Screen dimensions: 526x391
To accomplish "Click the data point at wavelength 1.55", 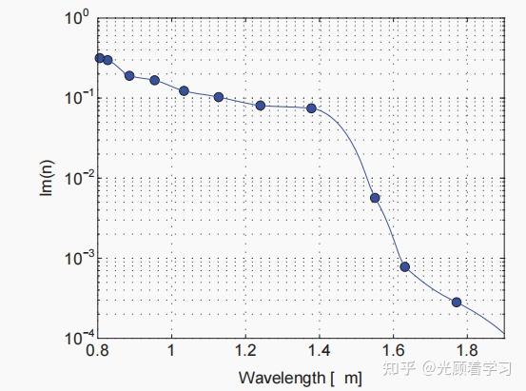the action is (x=375, y=198).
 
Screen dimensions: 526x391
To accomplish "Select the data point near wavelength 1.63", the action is (x=405, y=266).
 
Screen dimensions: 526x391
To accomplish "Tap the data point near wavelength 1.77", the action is (x=457, y=303).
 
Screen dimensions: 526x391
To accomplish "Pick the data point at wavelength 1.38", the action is (x=311, y=108).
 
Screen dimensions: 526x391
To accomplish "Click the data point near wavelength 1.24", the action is (x=261, y=106).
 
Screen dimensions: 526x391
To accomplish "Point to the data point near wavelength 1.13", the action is (x=219, y=97).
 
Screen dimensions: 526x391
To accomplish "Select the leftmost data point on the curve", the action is (x=100, y=58).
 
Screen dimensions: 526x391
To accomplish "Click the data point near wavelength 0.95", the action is (x=155, y=80).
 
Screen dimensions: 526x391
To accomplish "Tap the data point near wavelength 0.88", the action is (x=129, y=76).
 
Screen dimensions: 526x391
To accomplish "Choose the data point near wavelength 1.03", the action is (x=184, y=90).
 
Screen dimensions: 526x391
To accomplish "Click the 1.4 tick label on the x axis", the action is (x=319, y=350).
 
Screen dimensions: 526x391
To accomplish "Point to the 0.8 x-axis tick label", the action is (x=97, y=350).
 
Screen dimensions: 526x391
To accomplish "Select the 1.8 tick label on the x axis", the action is (x=467, y=350).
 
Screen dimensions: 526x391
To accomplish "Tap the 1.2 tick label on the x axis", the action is (x=245, y=350).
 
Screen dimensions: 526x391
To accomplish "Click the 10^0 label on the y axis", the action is (x=77, y=17).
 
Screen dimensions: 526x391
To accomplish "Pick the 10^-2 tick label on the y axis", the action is (x=77, y=177).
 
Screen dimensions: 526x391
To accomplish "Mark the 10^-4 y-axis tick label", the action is (x=77, y=337).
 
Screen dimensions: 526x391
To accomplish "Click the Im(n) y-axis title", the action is (x=47, y=178).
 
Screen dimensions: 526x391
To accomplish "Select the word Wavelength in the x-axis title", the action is (x=282, y=379).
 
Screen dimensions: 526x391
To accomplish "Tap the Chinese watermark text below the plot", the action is (x=446, y=368).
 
